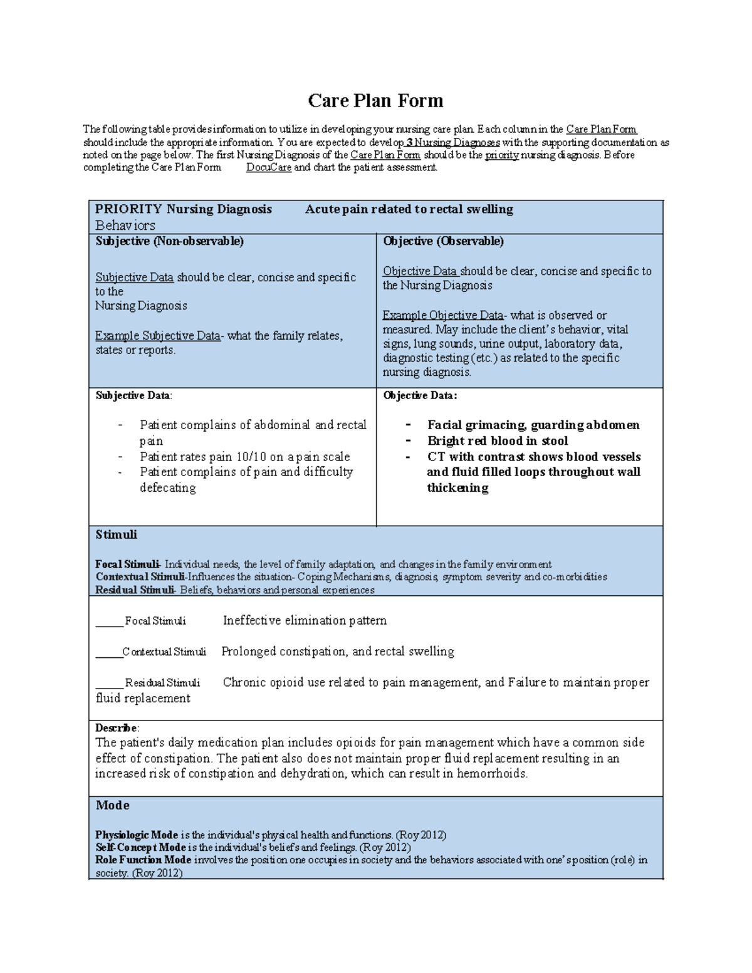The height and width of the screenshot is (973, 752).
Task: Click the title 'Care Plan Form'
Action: (x=375, y=101)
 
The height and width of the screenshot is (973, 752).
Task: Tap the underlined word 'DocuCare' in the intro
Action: (x=268, y=168)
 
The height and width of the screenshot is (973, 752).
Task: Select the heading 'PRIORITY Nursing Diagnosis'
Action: (x=183, y=209)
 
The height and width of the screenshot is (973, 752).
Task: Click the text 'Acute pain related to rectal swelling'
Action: (x=409, y=209)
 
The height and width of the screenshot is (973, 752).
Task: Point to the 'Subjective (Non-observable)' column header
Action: (x=169, y=241)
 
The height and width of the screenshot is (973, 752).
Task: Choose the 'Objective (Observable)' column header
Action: (x=443, y=241)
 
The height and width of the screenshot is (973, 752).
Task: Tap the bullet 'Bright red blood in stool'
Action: (x=497, y=441)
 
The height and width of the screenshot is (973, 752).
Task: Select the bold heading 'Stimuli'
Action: (x=116, y=535)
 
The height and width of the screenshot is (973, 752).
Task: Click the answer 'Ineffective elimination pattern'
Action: (x=305, y=621)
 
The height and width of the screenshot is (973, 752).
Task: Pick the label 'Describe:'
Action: (x=117, y=728)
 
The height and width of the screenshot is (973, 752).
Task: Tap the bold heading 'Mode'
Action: (x=112, y=806)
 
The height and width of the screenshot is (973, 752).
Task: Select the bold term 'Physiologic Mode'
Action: (x=137, y=835)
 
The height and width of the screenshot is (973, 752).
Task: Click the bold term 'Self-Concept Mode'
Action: (x=140, y=848)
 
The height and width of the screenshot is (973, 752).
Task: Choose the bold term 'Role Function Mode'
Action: (x=144, y=860)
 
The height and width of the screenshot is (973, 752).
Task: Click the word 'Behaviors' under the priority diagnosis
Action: (x=125, y=226)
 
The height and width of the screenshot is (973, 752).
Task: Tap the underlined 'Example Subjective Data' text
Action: (x=157, y=336)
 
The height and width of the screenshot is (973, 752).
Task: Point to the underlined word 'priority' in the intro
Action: (x=501, y=155)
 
